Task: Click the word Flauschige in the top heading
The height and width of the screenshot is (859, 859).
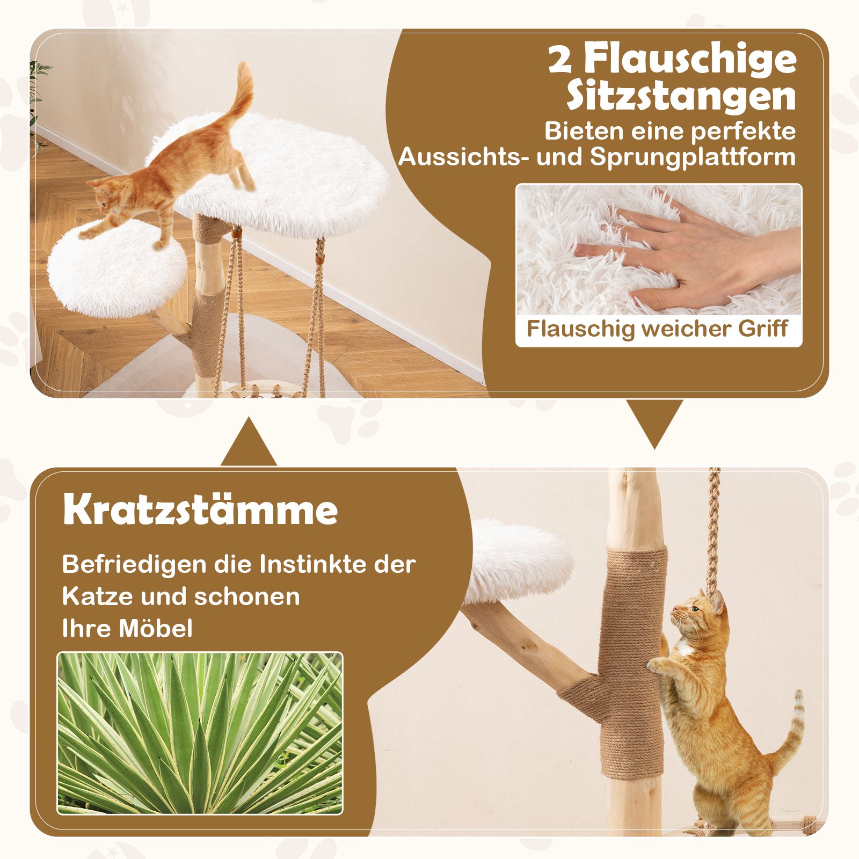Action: click(x=690, y=60)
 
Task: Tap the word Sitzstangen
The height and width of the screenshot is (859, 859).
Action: click(x=681, y=96)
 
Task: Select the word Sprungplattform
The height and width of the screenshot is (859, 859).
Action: click(x=693, y=157)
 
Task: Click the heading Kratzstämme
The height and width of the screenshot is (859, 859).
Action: click(x=200, y=510)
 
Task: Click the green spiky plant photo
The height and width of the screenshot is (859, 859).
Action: click(x=200, y=741)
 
